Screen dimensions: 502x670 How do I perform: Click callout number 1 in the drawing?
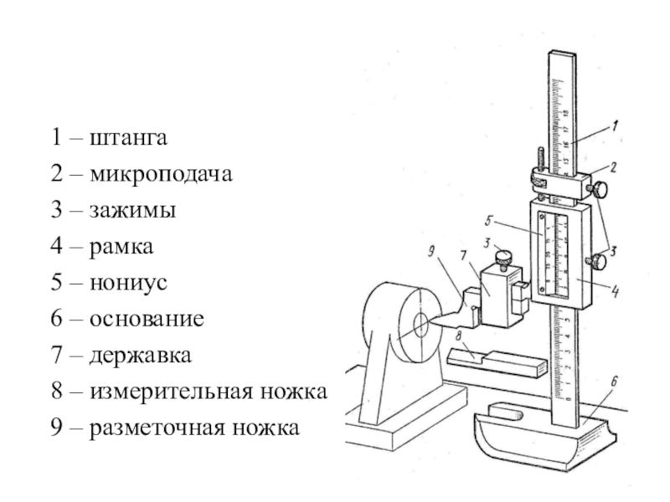[616, 127]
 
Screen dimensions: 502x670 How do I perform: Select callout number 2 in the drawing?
[614, 167]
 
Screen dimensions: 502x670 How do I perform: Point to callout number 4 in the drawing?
[615, 292]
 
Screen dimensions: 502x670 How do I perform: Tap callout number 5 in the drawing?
[489, 223]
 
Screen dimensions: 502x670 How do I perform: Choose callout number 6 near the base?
[614, 382]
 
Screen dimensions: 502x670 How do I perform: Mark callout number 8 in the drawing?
[458, 337]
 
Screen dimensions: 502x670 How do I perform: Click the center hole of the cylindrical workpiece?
[420, 321]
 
